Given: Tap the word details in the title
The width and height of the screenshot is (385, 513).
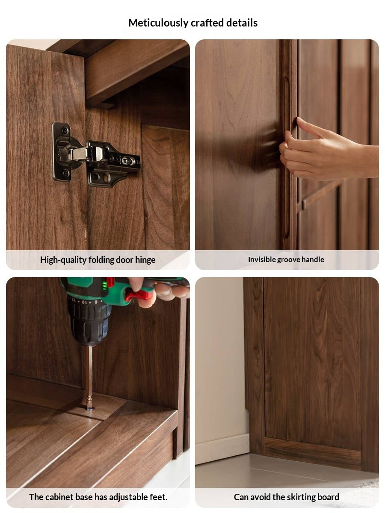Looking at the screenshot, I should coord(242,23).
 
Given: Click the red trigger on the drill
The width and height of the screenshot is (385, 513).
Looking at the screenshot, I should coord(138,295).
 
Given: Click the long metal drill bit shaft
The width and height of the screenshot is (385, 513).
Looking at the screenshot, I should coord(89,372).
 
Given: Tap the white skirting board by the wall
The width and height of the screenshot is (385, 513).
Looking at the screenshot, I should coord(222,449).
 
